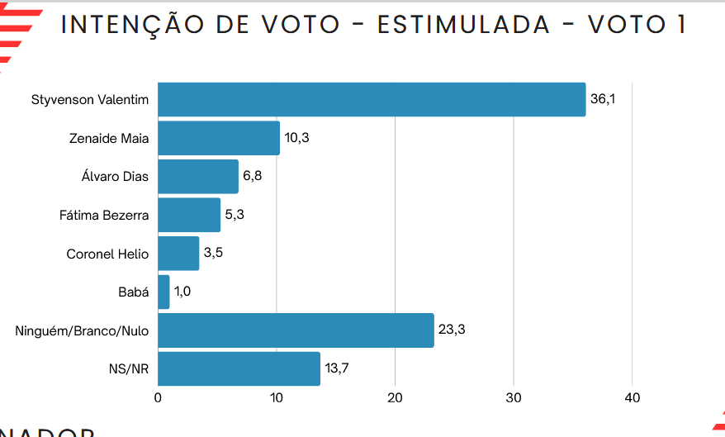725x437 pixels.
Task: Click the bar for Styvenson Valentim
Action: tap(372, 99)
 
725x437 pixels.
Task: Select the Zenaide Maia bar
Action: tap(219, 138)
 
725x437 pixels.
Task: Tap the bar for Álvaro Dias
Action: tap(198, 177)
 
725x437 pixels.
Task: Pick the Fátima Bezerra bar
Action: tap(189, 215)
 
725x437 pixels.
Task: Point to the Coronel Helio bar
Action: tap(178, 254)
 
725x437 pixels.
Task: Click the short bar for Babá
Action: tap(163, 292)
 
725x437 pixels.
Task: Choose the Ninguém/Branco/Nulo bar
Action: tap(296, 330)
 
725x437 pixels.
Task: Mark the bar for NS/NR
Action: tap(239, 368)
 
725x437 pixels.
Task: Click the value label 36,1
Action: tap(603, 99)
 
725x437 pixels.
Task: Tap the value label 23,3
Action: tap(452, 330)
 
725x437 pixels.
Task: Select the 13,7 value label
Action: tap(337, 368)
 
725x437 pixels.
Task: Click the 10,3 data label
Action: tap(297, 138)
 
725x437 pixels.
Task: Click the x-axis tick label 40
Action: tap(633, 397)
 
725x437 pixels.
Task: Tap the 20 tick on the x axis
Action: tap(395, 397)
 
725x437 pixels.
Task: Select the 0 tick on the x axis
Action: tap(158, 397)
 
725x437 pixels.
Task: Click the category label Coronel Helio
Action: tap(107, 254)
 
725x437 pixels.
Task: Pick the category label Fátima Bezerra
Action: tap(104, 216)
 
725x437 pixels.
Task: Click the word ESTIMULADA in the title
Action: tap(463, 25)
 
